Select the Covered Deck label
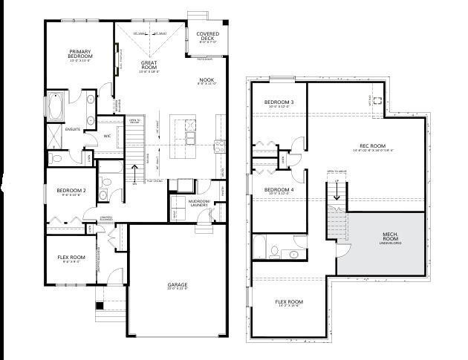click(x=207, y=36)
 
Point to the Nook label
click(x=206, y=80)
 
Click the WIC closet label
click(x=107, y=136)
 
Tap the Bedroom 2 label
click(x=71, y=191)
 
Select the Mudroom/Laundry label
click(x=198, y=204)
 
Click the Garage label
click(x=177, y=285)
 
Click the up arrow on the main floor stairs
click(x=134, y=170)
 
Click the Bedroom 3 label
click(x=279, y=102)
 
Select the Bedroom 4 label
click(x=279, y=190)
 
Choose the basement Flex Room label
click(x=290, y=302)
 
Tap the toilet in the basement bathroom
click(x=295, y=255)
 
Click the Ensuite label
click(x=72, y=129)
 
